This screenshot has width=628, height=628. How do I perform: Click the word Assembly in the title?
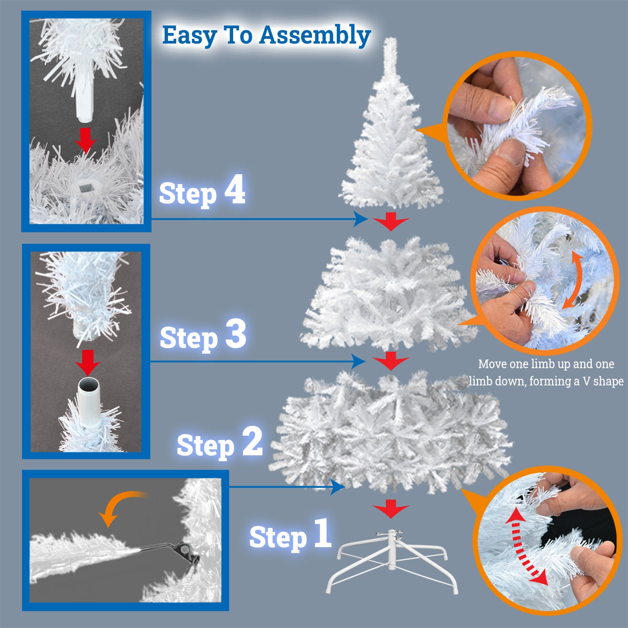tap(315, 36)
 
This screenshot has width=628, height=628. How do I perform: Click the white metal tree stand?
tap(392, 561)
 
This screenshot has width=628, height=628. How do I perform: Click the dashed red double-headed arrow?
tap(525, 547)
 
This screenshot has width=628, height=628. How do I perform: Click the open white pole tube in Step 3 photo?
tap(89, 400)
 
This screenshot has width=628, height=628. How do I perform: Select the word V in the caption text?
tap(586, 381)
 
